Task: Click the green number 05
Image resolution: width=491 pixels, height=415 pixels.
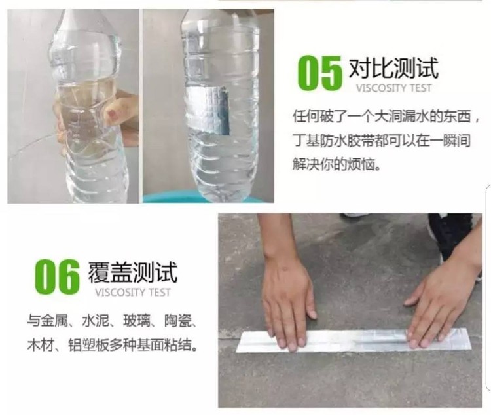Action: pyautogui.click(x=319, y=73)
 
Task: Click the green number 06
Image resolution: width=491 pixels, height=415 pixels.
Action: pyautogui.click(x=58, y=277)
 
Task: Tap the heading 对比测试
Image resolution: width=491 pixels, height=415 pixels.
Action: pyautogui.click(x=393, y=68)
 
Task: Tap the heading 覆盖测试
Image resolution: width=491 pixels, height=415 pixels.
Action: pyautogui.click(x=132, y=272)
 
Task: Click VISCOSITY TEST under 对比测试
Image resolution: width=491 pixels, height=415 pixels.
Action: pyautogui.click(x=393, y=88)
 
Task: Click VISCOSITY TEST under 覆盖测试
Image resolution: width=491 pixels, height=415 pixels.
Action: pyautogui.click(x=132, y=293)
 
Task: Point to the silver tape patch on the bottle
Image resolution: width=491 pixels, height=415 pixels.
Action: pyautogui.click(x=208, y=110)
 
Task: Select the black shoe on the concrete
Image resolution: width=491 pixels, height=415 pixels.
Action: pyautogui.click(x=451, y=234)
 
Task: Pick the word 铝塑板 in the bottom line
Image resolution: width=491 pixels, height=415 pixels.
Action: pyautogui.click(x=88, y=345)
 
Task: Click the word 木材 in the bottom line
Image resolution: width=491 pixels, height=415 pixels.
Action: pyautogui.click(x=41, y=345)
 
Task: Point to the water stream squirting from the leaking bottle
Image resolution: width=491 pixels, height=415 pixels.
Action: pyautogui.click(x=34, y=145)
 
